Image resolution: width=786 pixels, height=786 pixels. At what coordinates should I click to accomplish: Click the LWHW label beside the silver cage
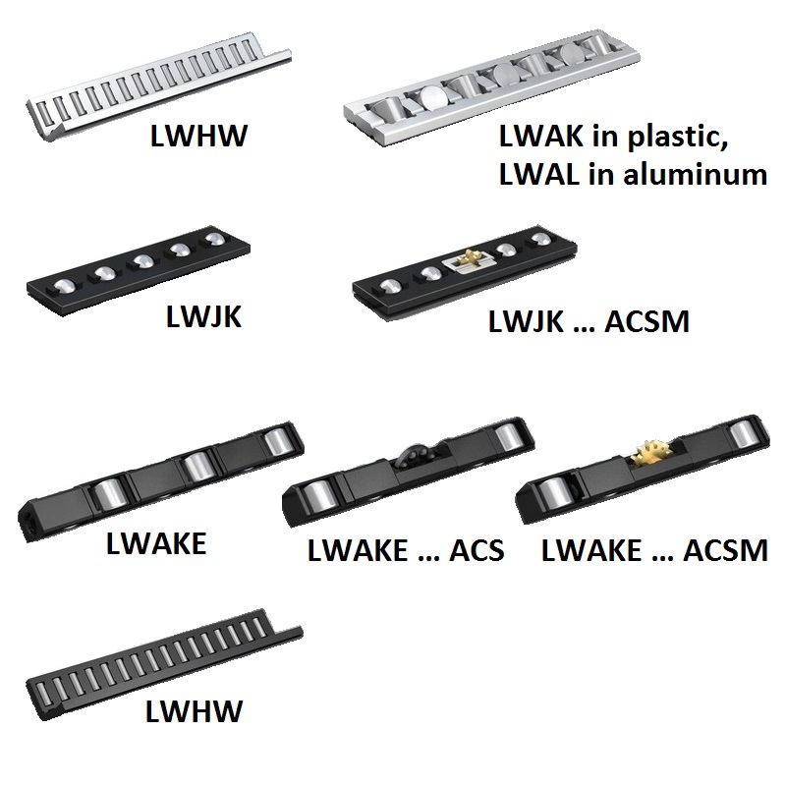197,136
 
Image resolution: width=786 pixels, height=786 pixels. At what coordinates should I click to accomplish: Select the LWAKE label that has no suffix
157,542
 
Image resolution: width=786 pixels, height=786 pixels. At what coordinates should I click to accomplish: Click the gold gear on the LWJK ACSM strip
467,261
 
